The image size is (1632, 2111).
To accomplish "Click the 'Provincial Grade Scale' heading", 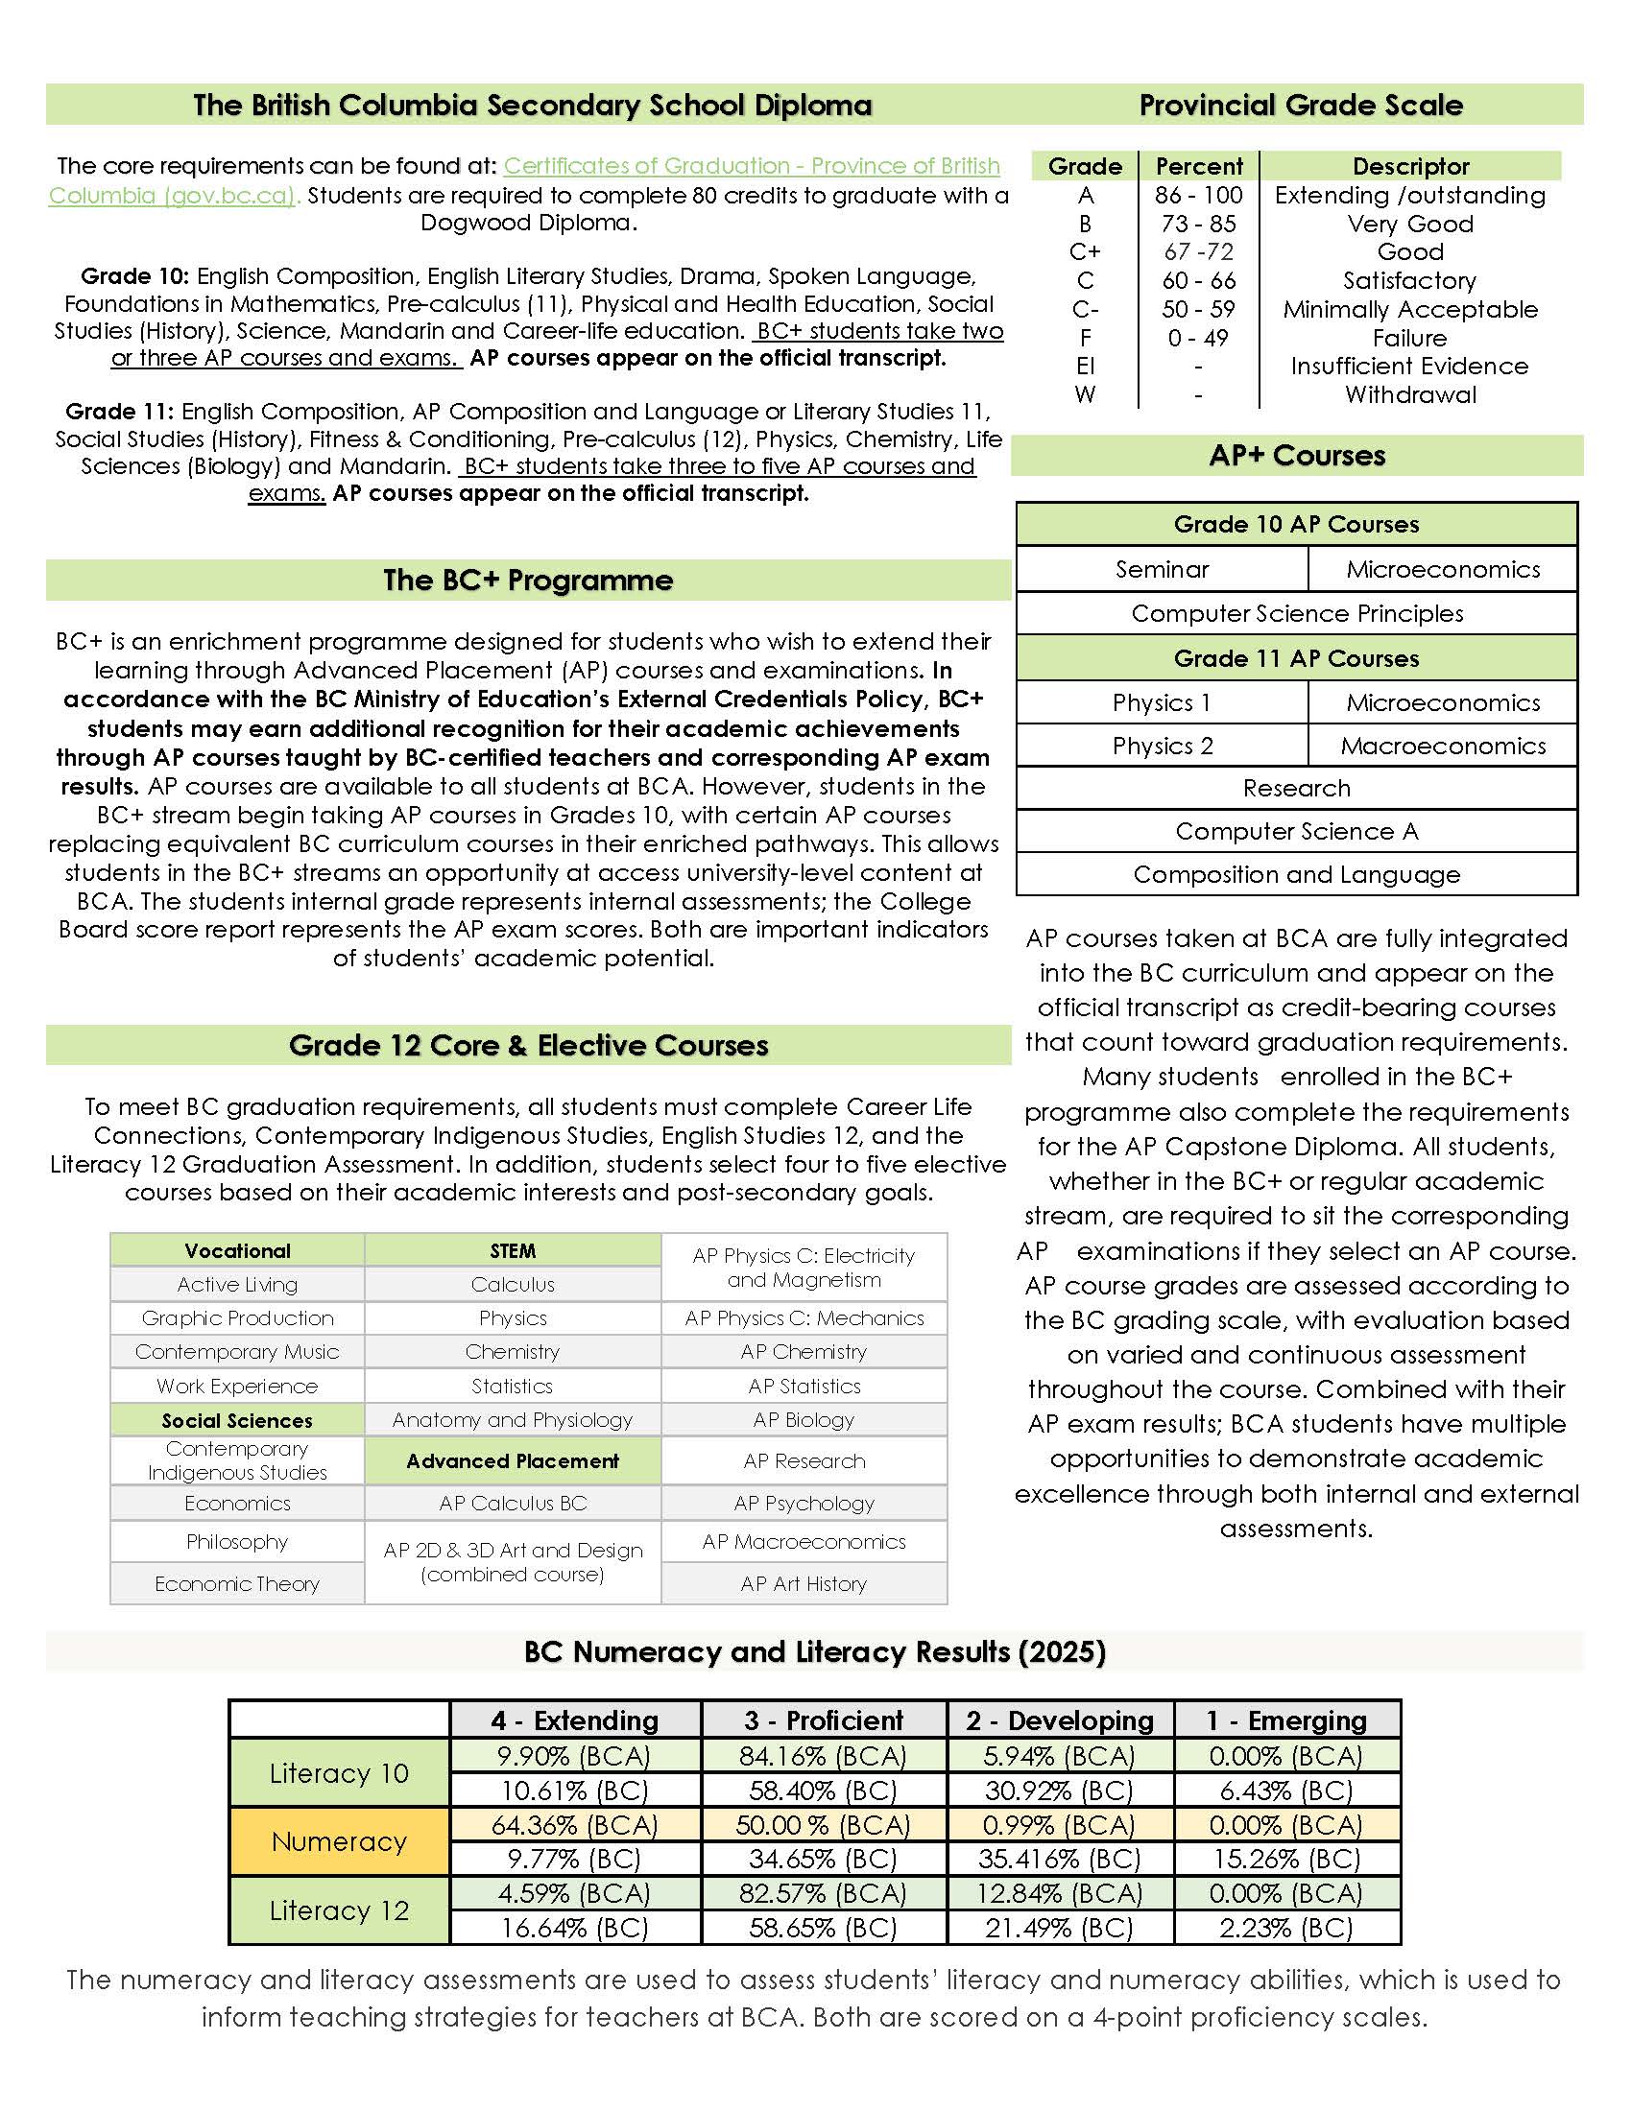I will (x=1300, y=105).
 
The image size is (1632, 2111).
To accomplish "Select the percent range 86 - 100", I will (x=1198, y=195).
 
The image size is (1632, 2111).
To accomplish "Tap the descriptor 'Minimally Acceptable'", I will (x=1409, y=309).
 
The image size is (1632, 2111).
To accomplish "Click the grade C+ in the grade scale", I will (x=1085, y=252).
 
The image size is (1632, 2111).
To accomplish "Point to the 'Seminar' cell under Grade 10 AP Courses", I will (x=1162, y=569).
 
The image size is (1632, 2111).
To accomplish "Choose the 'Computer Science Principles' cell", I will (x=1297, y=613).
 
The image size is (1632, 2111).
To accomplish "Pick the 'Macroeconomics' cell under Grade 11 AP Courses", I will (x=1443, y=746).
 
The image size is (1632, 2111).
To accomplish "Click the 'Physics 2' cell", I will (x=1162, y=746).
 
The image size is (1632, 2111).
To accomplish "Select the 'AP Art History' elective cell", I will (x=804, y=1583).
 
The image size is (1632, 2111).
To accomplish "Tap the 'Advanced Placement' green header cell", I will (x=513, y=1460).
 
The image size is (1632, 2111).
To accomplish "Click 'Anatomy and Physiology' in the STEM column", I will (x=513, y=1419).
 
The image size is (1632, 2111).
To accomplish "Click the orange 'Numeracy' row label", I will (x=338, y=1841).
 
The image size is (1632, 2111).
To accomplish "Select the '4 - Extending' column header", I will (x=574, y=1720).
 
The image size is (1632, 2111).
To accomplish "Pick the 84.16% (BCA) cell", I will (x=822, y=1755).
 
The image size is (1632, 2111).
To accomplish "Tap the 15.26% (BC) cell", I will (x=1285, y=1859).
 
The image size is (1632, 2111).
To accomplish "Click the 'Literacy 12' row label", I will (x=338, y=1909).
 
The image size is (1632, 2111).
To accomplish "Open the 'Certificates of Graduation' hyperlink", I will (x=752, y=166).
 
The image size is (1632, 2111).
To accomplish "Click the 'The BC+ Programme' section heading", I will (x=528, y=580).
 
